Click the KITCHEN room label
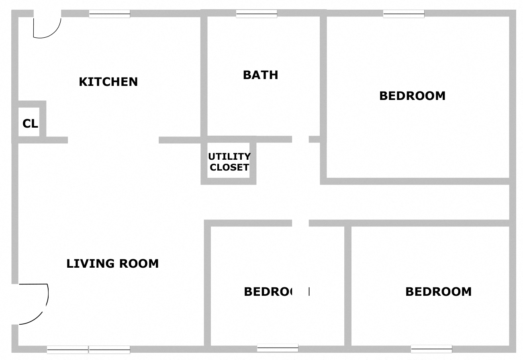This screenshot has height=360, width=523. [108, 82]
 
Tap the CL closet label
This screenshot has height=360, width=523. [30, 124]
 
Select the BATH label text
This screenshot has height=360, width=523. [260, 75]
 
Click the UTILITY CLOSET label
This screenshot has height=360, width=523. [229, 162]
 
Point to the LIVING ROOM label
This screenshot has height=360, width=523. [112, 264]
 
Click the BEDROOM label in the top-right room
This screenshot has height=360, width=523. [412, 96]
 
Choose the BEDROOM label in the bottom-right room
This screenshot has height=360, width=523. [438, 291]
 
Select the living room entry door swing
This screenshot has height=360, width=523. [34, 303]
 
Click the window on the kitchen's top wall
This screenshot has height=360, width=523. [109, 14]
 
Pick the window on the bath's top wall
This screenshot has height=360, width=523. [256, 14]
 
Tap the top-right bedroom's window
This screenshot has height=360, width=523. [404, 14]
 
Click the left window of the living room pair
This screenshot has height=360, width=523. [67, 350]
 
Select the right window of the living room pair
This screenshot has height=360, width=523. [109, 350]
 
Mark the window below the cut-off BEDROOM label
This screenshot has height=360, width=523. [278, 348]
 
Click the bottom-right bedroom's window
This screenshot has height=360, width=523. [431, 349]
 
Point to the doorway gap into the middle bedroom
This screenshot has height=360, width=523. [300, 223]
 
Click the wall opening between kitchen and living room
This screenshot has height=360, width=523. [113, 140]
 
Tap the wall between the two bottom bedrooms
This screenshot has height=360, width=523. [348, 285]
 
